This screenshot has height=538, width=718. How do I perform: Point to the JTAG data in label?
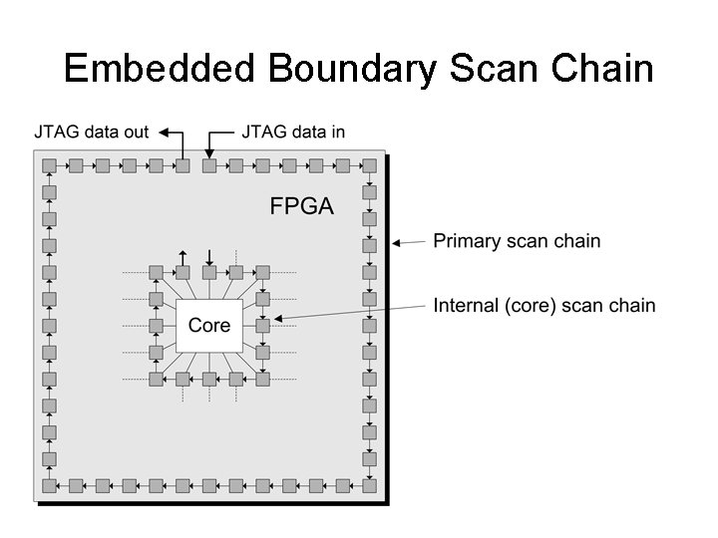(x=294, y=131)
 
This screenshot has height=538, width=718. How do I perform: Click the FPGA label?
(x=301, y=206)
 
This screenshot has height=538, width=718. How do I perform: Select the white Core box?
(x=209, y=325)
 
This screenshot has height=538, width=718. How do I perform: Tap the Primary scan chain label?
(x=517, y=241)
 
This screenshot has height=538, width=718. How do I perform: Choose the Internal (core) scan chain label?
(x=544, y=305)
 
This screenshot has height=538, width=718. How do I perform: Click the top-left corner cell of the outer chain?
(x=48, y=165)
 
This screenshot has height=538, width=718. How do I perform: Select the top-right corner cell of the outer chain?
(x=370, y=165)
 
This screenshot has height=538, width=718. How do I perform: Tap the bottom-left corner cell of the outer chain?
(x=48, y=486)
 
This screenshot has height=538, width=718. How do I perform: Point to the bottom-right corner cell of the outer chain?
(x=370, y=486)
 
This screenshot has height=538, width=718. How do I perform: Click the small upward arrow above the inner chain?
(x=182, y=259)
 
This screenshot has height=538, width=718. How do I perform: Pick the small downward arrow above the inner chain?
(x=209, y=259)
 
